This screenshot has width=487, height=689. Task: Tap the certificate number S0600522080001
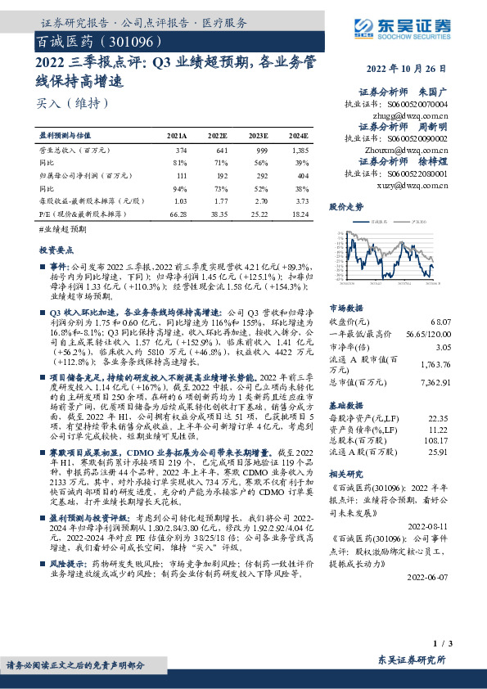coord(419,174)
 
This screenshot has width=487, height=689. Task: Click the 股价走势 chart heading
coord(345,207)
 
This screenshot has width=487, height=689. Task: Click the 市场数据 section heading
coord(345,308)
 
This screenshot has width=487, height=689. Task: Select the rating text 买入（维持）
coord(72,103)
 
